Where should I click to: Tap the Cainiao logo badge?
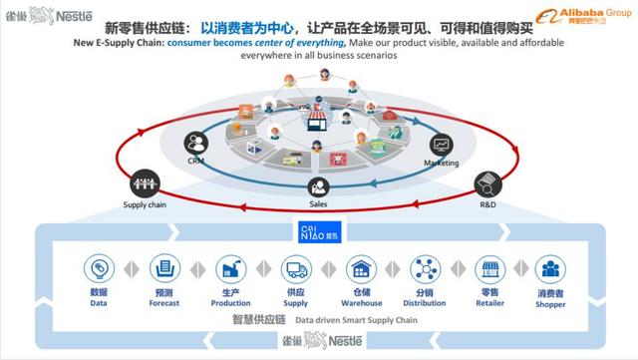click(x=319, y=232)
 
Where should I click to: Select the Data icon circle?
click(x=99, y=268)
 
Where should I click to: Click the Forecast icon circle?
click(x=163, y=268)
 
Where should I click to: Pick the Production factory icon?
click(x=230, y=268)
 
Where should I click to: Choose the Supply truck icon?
click(x=296, y=268)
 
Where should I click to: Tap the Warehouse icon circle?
click(x=360, y=268)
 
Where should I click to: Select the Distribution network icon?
click(x=425, y=268)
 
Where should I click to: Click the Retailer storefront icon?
click(x=489, y=268)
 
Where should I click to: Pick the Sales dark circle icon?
click(x=318, y=185)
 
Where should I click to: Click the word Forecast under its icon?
click(x=163, y=303)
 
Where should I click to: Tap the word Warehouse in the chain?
click(x=360, y=303)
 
